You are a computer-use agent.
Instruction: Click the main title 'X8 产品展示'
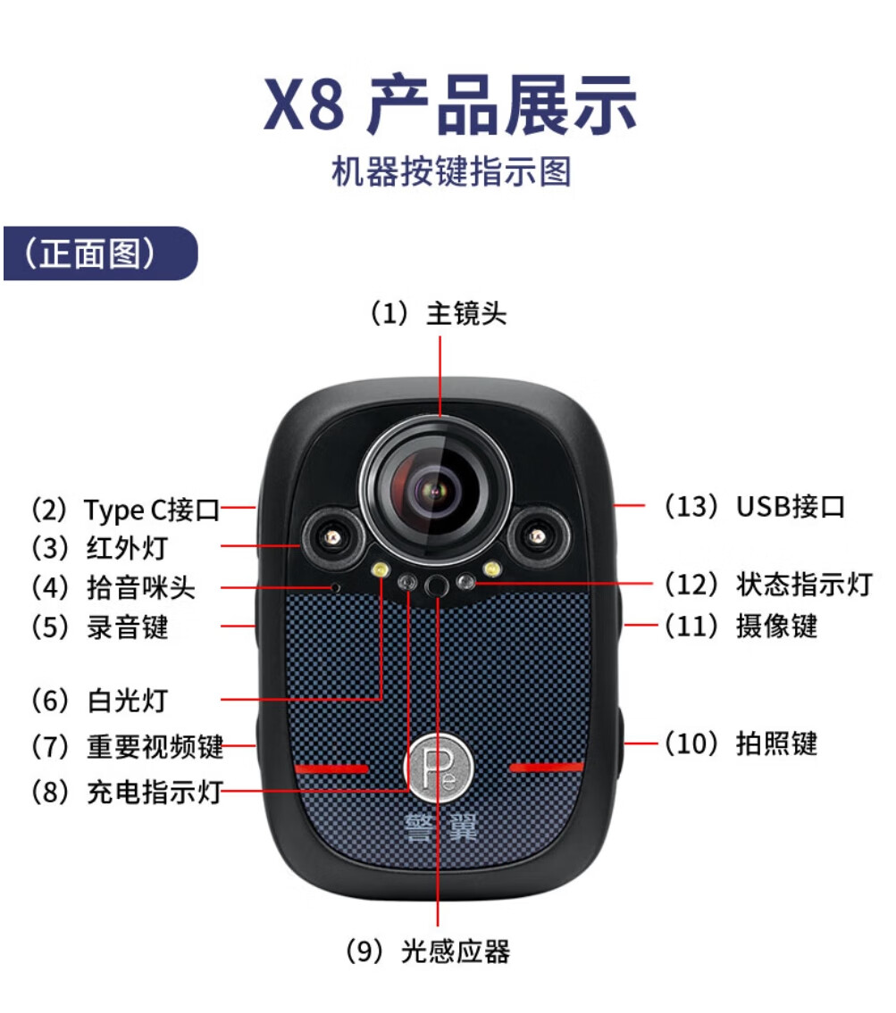(450, 104)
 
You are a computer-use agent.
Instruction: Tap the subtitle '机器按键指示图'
(451, 172)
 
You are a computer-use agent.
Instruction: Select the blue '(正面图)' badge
(100, 253)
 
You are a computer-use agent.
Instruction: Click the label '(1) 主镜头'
(439, 313)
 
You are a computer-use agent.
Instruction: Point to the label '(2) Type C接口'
(125, 510)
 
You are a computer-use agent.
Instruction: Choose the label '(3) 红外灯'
(99, 549)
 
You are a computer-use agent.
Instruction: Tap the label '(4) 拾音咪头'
(113, 588)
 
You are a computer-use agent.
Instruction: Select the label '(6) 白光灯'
(99, 701)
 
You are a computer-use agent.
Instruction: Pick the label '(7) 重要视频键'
(127, 747)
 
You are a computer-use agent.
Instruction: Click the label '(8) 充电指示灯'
(127, 792)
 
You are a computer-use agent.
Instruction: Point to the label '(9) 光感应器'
(427, 951)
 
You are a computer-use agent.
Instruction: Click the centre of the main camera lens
(436, 490)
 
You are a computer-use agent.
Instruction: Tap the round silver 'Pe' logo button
(439, 767)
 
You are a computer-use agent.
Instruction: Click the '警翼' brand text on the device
(441, 827)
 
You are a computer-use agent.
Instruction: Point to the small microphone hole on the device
(336, 587)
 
